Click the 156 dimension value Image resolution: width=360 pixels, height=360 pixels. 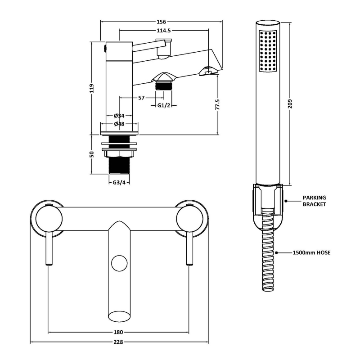(162, 22)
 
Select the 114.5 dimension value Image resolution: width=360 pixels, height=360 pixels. (164, 31)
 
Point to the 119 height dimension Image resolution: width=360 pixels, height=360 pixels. (91, 88)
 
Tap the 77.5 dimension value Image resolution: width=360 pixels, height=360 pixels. (217, 104)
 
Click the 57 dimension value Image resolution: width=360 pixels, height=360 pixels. (141, 98)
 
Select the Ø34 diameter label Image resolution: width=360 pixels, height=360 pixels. (119, 116)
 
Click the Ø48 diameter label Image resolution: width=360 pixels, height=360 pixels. (119, 124)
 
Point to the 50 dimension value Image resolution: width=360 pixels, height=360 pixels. (91, 154)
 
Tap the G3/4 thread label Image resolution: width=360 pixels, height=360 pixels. (119, 183)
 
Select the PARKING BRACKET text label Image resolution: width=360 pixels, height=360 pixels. (314, 201)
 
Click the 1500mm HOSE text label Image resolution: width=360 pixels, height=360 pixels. (311, 253)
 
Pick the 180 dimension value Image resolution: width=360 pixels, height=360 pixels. (118, 332)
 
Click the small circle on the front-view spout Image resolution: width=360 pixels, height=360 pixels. (119, 263)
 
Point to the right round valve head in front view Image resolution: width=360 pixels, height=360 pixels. (189, 219)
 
